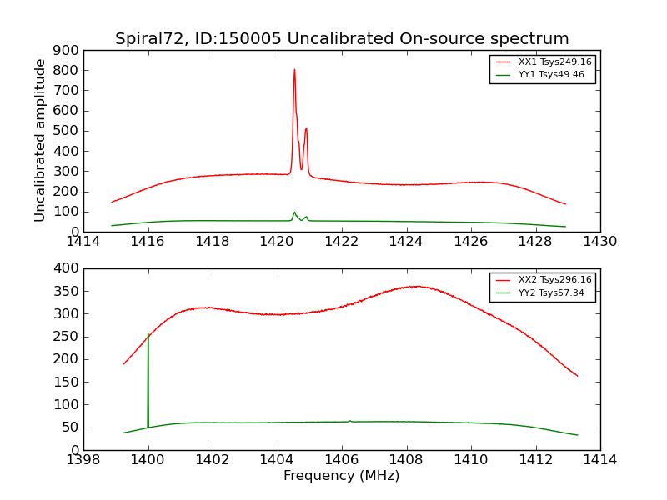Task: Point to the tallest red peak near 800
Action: pyautogui.click(x=294, y=71)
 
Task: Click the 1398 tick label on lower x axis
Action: pyautogui.click(x=83, y=460)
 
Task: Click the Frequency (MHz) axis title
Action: pyautogui.click(x=341, y=476)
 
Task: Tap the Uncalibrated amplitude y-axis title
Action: pyautogui.click(x=40, y=140)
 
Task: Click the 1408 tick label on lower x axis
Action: pyautogui.click(x=406, y=460)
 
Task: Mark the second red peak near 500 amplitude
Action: pyautogui.click(x=306, y=129)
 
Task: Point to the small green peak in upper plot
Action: pyautogui.click(x=294, y=212)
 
